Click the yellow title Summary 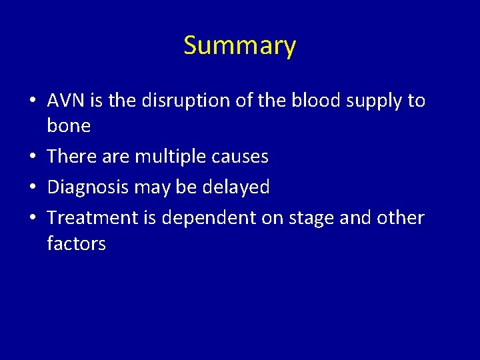(x=239, y=46)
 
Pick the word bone (x=69, y=125)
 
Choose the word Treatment (x=90, y=218)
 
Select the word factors (x=76, y=243)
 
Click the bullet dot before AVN (x=33, y=101)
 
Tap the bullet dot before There (x=33, y=157)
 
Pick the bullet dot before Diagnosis (x=33, y=188)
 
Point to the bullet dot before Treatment (x=33, y=219)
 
